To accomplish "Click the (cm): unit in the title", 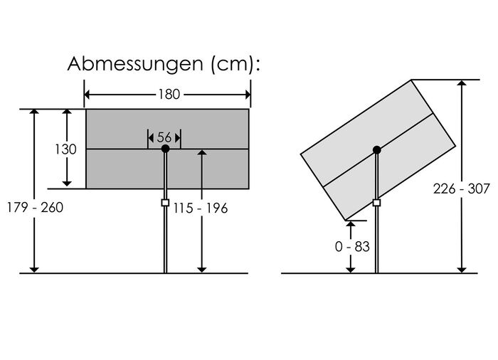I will coord(231,64).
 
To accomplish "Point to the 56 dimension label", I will coord(164,137).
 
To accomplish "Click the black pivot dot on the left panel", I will coord(165,149).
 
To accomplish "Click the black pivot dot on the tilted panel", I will coord(376,149).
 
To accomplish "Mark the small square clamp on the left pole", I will coord(165,203).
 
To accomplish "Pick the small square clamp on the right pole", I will coord(376,203).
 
